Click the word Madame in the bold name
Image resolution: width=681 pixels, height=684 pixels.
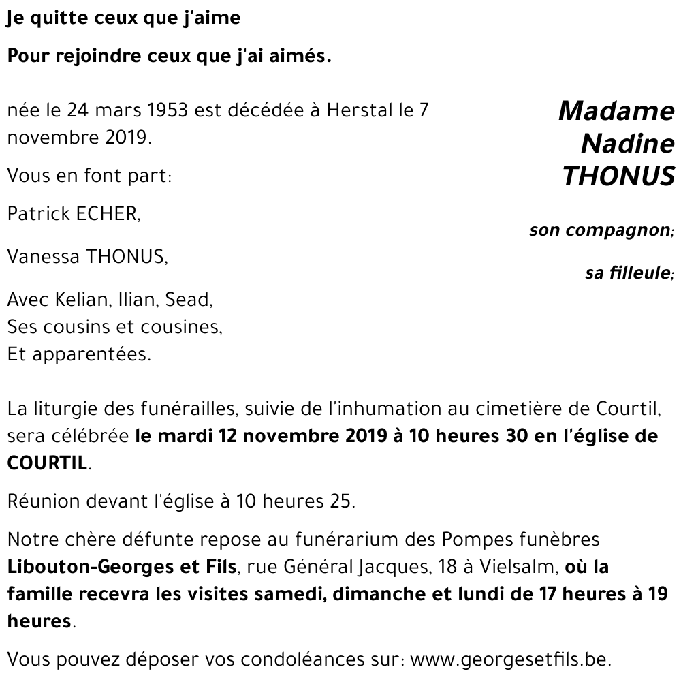pos(616,110)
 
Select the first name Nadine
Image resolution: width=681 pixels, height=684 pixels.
pos(627,144)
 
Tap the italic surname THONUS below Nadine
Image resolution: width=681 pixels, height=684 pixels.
pos(618,176)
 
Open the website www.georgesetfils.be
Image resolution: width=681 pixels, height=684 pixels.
pos(512,659)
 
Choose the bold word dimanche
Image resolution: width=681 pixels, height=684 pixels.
pos(380,593)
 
